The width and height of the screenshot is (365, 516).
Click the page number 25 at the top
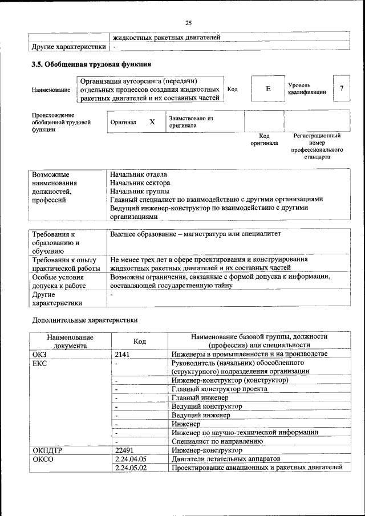[x=188, y=23]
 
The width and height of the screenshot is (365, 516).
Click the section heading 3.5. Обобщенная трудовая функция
[x=91, y=64]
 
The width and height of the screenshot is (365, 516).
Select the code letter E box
[x=267, y=90]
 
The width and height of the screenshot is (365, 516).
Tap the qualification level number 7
[x=341, y=88]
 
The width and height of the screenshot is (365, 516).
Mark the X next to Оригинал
[x=152, y=122]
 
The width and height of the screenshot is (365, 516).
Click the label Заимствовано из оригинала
[x=190, y=122]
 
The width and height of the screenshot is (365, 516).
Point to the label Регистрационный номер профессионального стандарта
[x=317, y=146]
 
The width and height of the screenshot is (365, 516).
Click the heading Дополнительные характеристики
[x=84, y=320]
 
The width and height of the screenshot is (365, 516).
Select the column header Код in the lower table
[x=139, y=341]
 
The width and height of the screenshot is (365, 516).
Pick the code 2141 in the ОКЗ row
[x=123, y=354]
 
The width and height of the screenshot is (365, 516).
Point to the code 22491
[x=124, y=450]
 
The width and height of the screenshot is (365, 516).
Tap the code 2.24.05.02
[x=131, y=467]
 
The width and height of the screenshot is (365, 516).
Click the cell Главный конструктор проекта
[x=219, y=388]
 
